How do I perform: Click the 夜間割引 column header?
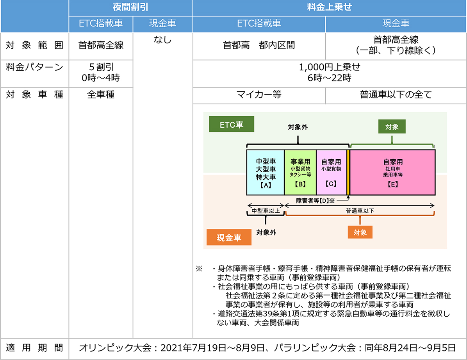tap(130, 7)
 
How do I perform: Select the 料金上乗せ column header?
tap(330, 7)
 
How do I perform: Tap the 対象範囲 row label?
tap(34, 46)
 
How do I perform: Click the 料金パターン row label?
tap(34, 67)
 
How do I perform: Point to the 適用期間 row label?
tap(34, 348)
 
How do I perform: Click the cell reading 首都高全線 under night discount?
tap(101, 46)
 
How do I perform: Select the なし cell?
tap(162, 40)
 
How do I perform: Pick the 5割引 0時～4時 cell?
tap(101, 72)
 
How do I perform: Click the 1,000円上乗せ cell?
tap(330, 72)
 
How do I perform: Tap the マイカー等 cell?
tap(259, 95)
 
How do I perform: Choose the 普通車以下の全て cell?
tap(396, 95)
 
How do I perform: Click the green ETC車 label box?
tap(232, 124)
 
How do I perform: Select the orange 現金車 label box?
tap(229, 237)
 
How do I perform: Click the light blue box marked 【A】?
tap(266, 173)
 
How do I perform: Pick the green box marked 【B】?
tap(300, 173)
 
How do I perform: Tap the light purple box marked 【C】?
tap(331, 173)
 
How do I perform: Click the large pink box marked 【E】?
tap(392, 173)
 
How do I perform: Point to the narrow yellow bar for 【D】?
tap(348, 173)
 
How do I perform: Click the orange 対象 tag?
tap(360, 232)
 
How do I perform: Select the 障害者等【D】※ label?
tap(315, 201)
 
